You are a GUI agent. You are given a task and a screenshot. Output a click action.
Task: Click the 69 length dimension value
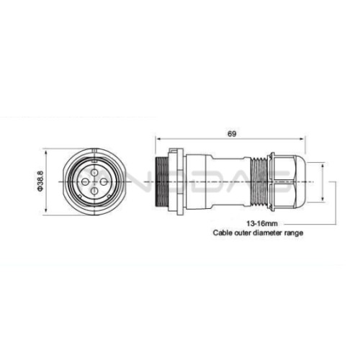[232, 134]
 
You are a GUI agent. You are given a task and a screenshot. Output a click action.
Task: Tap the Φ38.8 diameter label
[40, 181]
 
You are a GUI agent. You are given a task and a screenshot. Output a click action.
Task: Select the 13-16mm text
[262, 224]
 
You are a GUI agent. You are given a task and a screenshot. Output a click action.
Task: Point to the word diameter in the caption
[266, 233]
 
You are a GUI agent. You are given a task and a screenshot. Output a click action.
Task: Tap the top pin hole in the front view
[94, 172]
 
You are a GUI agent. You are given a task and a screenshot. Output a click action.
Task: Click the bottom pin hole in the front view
[94, 191]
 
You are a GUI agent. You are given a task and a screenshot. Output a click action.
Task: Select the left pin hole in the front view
[84, 182]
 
